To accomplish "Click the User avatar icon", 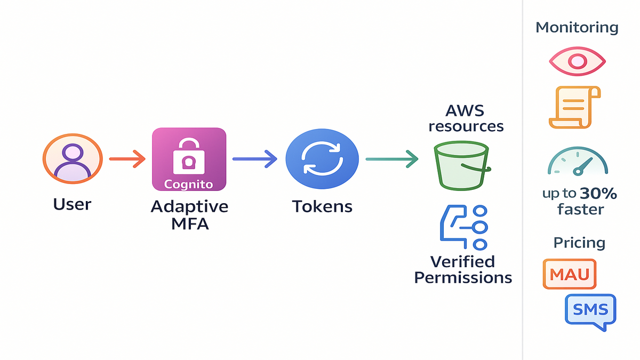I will point(72,158).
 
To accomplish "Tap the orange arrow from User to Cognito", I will point(127,158).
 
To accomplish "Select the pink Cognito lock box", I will point(189,159).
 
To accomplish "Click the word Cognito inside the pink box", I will point(189,184).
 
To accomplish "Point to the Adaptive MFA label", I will point(189,214).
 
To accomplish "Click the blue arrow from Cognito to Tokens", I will point(254,158).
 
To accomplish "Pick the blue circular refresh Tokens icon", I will point(322,158).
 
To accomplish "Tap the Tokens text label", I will point(322,206).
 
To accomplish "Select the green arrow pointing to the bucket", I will point(391,158).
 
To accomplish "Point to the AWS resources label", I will point(466,118).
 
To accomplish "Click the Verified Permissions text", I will point(463,269).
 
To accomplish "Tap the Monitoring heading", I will point(577,28).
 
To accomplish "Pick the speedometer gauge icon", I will point(578,161).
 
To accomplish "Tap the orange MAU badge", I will point(569,275).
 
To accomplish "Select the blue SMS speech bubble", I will point(590,309).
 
